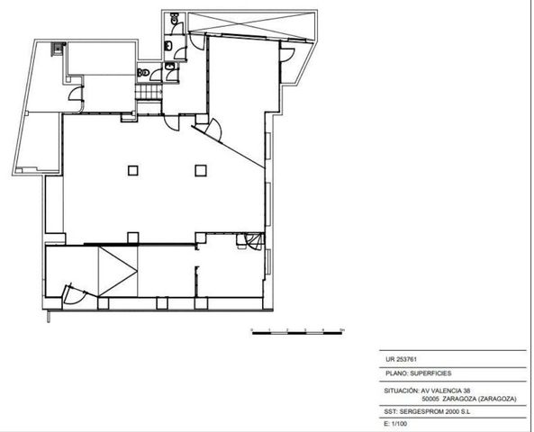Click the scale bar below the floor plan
pos(297,333)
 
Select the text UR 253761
pos(402,359)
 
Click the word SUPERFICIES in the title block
pos(430,373)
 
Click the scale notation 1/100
pos(399,424)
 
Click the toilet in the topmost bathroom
pos(175,18)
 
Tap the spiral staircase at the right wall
pos(255,241)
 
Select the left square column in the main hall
pos(132,171)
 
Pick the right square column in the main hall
pos(201,171)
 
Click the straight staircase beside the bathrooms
pos(149,92)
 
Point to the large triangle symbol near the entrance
pos(118,271)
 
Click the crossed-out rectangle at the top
pos(251,26)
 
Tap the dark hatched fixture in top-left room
pos(58,49)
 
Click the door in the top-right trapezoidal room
pos(286,55)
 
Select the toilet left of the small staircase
pos(143,73)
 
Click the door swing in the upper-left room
pos(76,94)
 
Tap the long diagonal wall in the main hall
pos(228,147)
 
